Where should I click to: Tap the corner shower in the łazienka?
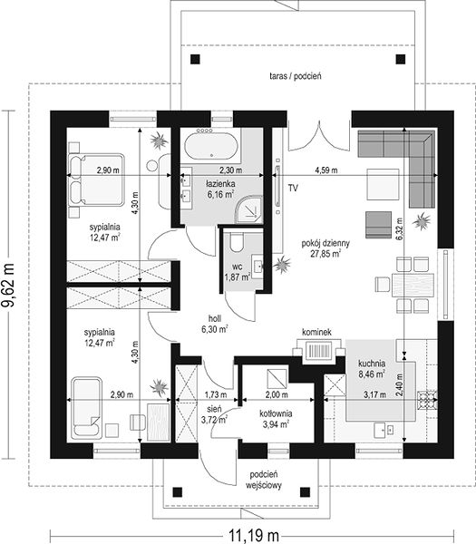[248, 209]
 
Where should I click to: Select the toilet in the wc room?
[238, 242]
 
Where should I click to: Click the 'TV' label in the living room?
[293, 189]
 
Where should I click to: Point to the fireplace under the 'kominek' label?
[319, 351]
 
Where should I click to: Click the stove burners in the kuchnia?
[427, 401]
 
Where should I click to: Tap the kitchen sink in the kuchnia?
[384, 430]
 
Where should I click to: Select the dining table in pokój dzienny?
[413, 285]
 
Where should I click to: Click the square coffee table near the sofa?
[383, 184]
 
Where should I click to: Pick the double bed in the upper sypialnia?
[97, 180]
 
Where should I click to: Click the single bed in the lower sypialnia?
[87, 408]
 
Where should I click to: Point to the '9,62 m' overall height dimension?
[8, 286]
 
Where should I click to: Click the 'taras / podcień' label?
[296, 76]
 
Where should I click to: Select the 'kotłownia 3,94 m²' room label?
[276, 419]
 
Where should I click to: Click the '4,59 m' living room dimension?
[326, 170]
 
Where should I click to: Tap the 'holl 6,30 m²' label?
[215, 324]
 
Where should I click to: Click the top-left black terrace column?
[195, 59]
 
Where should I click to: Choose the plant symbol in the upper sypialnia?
[159, 141]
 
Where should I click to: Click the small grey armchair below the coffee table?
[378, 225]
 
